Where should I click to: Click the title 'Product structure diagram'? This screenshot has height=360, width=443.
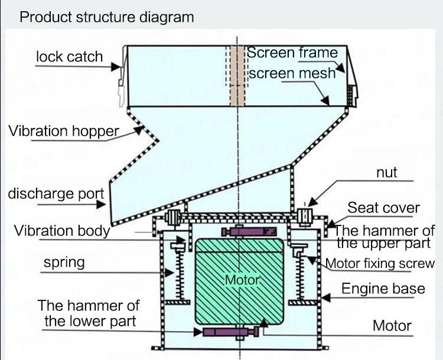coord(107,17)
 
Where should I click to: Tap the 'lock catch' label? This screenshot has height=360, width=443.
coord(69,57)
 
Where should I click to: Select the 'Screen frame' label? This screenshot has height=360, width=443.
coord(292,52)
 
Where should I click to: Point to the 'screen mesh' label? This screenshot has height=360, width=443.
coord(292,73)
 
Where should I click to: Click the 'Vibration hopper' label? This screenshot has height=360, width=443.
coord(64,131)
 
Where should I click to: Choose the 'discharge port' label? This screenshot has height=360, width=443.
coord(56,193)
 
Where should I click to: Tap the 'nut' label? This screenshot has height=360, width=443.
coord(386,173)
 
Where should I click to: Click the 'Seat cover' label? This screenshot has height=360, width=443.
coord(383,208)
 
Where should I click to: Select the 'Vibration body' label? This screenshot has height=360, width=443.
coord(62,230)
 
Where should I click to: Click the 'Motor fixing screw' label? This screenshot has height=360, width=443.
coord(380,263)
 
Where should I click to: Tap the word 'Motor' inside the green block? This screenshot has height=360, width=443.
coord(242,279)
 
